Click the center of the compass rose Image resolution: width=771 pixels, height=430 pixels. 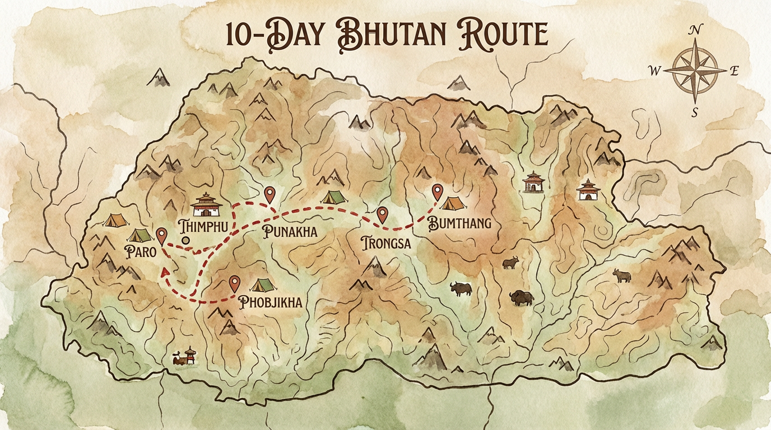pos(694,71)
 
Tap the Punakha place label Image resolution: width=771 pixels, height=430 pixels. pos(290,232)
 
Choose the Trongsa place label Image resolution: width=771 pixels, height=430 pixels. pos(386,244)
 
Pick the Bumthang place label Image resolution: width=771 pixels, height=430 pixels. pos(459,223)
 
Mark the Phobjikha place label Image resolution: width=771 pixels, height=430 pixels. pos(270,302)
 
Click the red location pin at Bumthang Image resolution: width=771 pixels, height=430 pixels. pos(437,192)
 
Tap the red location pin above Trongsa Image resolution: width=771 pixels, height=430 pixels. pos(383,214)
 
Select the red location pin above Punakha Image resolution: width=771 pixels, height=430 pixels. pos(270,194)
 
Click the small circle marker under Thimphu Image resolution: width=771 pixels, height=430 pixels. pos(185,241)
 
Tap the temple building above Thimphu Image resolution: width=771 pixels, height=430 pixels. pos(206,204)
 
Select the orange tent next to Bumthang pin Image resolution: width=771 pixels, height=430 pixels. pos(453,202)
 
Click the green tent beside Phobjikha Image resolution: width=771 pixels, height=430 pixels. pos(262,285)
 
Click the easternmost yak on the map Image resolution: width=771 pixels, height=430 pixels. pos(621,275)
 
